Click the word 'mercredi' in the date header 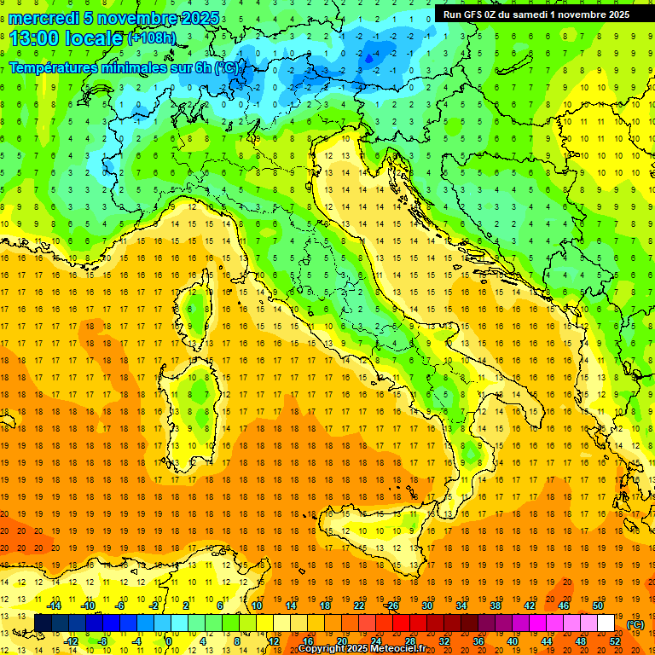(44, 18)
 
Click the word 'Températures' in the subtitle (53, 67)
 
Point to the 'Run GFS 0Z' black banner (536, 14)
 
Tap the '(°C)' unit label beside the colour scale (635, 624)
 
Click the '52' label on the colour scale (615, 641)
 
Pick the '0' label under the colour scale (168, 641)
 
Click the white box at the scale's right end (606, 623)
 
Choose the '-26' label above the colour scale (391, 606)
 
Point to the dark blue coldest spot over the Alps (368, 58)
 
